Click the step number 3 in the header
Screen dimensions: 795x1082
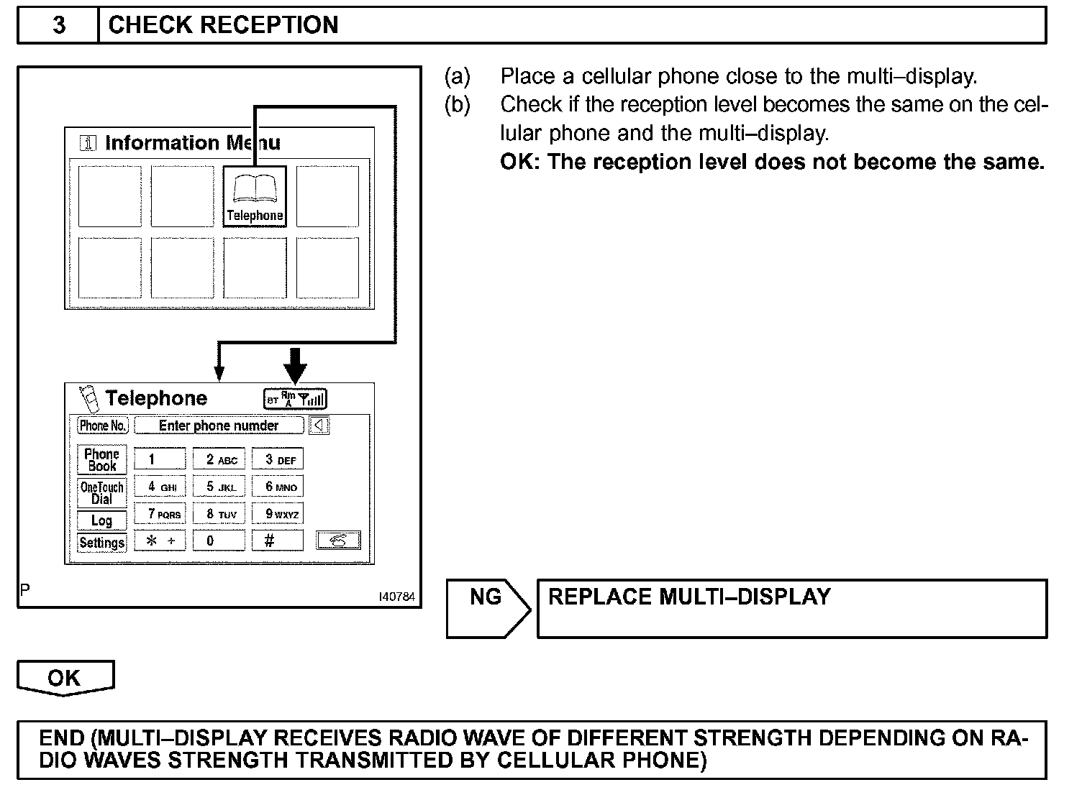coord(59,25)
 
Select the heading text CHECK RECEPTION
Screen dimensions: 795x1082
coord(223,25)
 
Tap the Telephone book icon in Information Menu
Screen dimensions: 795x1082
coord(255,196)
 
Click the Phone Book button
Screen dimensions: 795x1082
coord(101,460)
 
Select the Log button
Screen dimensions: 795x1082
coord(101,520)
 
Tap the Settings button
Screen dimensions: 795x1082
coord(101,542)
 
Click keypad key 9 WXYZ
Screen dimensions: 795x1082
coord(278,513)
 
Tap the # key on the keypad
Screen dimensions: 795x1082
coord(278,541)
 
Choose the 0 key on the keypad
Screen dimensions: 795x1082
coord(219,541)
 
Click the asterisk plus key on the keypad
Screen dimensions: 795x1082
coord(160,541)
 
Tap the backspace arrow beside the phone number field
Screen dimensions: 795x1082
coord(319,426)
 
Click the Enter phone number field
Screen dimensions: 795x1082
coord(219,426)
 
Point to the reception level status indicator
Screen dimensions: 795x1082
coord(296,399)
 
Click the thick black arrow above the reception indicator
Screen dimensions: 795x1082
coord(295,364)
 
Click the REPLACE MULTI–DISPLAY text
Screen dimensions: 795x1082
coord(689,597)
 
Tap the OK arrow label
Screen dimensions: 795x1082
coord(65,679)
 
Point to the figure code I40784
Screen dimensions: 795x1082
coord(397,597)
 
